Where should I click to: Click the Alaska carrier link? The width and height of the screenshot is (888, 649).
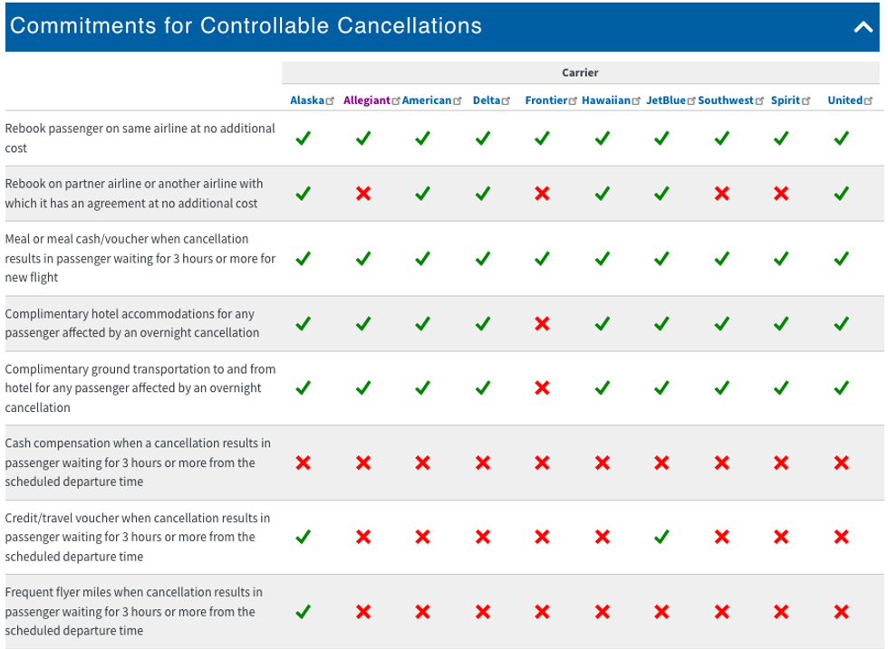tap(306, 100)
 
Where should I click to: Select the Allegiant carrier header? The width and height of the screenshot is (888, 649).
tap(366, 100)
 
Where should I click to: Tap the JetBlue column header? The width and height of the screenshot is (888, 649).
tap(666, 100)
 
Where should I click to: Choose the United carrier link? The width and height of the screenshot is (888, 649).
tap(845, 100)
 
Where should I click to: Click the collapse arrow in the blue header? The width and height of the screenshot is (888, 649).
tap(863, 27)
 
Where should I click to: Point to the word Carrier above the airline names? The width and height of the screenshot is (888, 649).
tap(580, 72)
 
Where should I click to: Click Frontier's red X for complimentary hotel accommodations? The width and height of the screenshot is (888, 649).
tap(542, 323)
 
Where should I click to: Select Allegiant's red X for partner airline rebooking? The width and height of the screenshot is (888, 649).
tap(363, 193)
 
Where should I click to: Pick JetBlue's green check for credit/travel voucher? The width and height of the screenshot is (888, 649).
tap(661, 537)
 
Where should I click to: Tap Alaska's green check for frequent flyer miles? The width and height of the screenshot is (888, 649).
tap(304, 611)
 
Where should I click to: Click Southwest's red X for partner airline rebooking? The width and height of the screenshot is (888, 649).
tap(721, 193)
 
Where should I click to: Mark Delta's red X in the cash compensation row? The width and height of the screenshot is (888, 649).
tap(483, 463)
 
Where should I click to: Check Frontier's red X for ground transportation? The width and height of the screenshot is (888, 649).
tap(542, 388)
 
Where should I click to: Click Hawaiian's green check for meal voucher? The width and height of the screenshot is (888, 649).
tap(602, 258)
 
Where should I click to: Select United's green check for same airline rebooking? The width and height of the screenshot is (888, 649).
tap(841, 138)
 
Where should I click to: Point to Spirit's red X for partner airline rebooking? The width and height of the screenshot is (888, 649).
tap(781, 193)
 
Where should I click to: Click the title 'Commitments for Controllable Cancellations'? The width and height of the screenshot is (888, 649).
tap(246, 25)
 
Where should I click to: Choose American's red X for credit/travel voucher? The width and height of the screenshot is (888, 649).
tap(422, 537)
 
